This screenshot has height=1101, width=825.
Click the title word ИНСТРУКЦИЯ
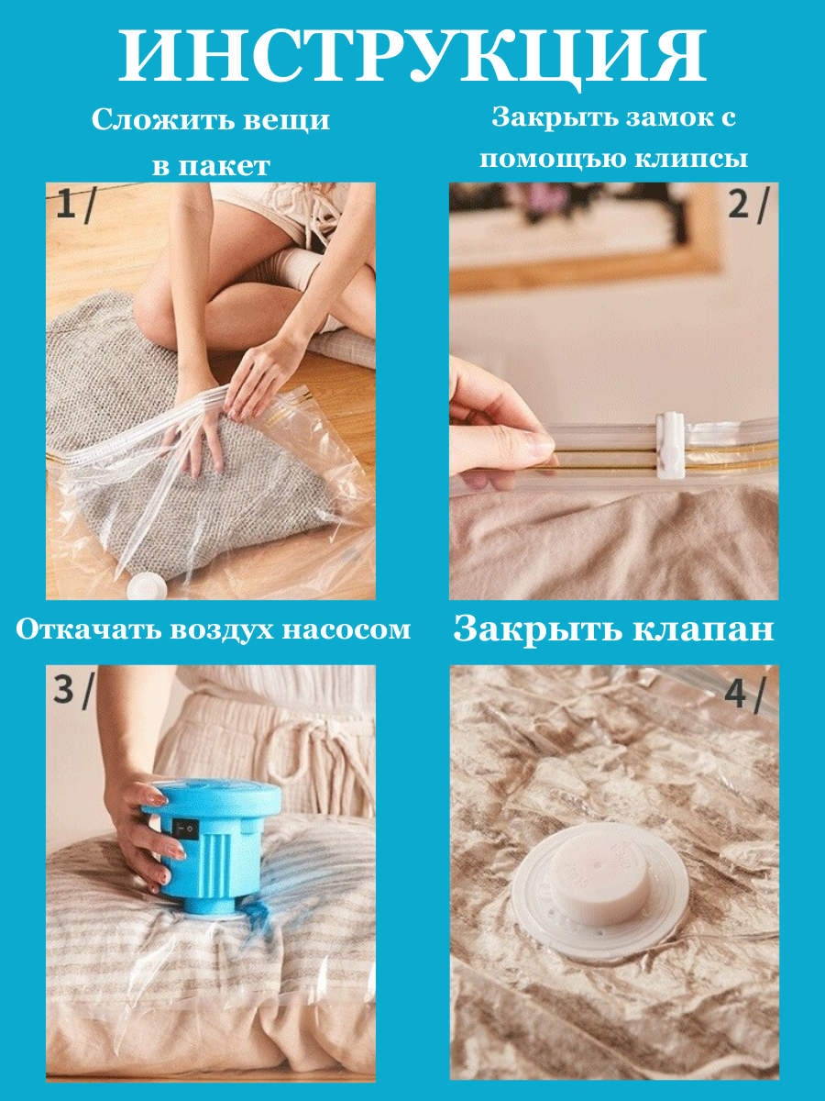(412, 57)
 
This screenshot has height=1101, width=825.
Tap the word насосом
(346, 630)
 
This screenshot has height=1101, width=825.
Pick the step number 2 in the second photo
(738, 206)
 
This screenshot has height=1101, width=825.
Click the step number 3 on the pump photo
(63, 689)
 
